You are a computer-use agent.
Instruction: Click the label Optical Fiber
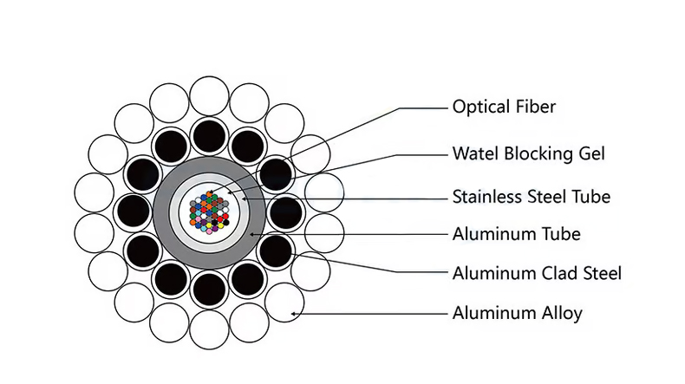503,107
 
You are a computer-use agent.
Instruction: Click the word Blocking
535,154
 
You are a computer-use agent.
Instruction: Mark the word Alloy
561,313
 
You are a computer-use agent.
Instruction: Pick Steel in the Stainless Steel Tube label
550,197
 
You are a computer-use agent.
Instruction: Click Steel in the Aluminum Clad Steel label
599,273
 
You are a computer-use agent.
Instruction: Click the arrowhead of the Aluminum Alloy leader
295,312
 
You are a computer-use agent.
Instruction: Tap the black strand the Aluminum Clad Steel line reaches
276,251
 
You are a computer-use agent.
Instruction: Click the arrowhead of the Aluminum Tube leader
251,233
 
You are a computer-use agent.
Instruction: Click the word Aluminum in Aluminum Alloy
493,313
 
